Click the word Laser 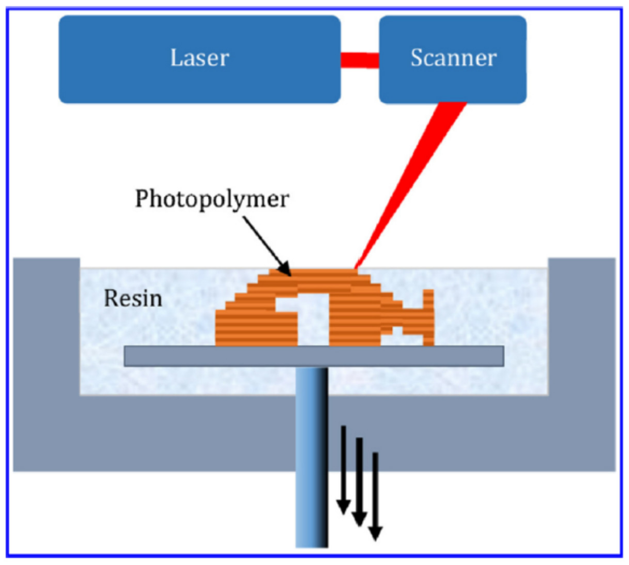click(199, 58)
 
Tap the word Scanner click(453, 58)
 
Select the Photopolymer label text click(212, 199)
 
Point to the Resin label click(133, 298)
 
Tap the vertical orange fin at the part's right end click(428, 317)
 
